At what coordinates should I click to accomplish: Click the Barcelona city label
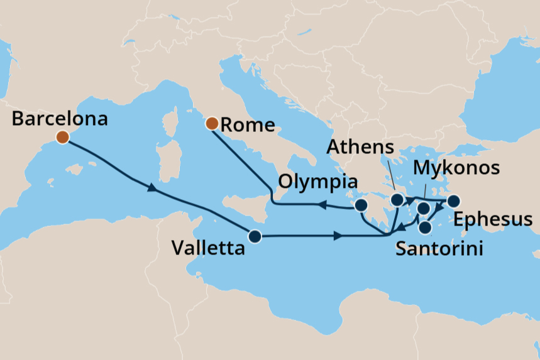[x=60, y=119]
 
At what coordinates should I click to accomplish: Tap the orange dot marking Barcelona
[x=62, y=138]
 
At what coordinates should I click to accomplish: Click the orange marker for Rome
[x=212, y=123]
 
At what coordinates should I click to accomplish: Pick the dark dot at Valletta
[x=255, y=237]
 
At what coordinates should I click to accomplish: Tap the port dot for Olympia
[x=361, y=206]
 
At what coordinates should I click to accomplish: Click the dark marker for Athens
[x=397, y=200]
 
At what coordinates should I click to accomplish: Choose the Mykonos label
[x=456, y=168]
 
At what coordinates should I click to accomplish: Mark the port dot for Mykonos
[x=424, y=208]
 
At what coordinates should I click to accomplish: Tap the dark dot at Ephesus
[x=453, y=202]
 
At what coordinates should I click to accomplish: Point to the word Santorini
[x=439, y=249]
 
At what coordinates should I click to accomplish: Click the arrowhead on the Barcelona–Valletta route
[x=151, y=188]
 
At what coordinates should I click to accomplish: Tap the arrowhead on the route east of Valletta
[x=338, y=237]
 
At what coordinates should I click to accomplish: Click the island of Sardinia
[x=166, y=153]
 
